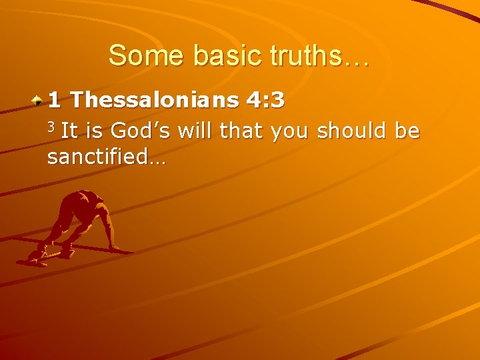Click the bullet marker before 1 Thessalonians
coord(39,101)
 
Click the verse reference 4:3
coord(265,101)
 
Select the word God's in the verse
coord(142,130)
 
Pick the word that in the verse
coord(243,130)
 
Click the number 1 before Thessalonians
coord(54,101)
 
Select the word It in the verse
coord(69,130)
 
